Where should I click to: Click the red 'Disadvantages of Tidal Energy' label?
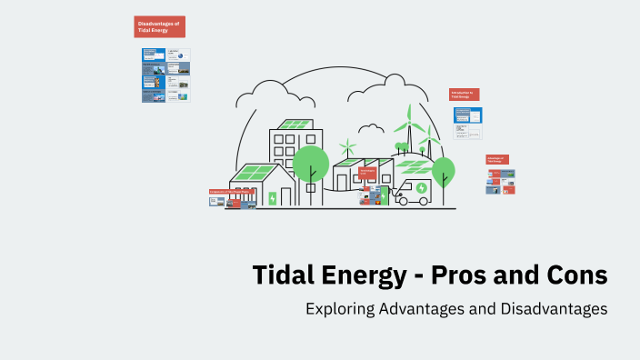[159, 27]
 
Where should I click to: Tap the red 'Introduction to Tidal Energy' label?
[464, 95]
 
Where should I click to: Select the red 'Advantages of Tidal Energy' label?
[496, 160]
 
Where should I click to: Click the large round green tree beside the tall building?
[310, 163]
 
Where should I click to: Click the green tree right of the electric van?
[443, 171]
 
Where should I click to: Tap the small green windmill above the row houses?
[346, 146]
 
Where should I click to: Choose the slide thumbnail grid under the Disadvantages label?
[165, 75]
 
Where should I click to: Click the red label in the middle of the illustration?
[367, 171]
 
